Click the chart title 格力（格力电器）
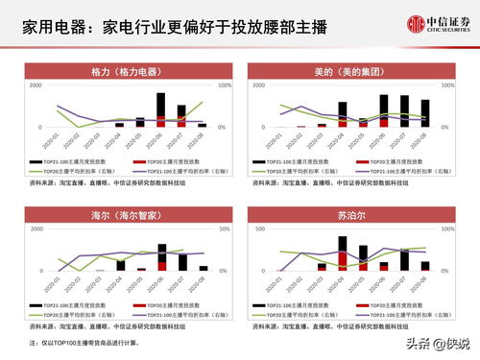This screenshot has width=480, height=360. [125, 72]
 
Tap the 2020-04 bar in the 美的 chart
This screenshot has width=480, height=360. [343, 114]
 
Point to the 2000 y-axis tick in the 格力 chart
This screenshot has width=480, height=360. [35, 85]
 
